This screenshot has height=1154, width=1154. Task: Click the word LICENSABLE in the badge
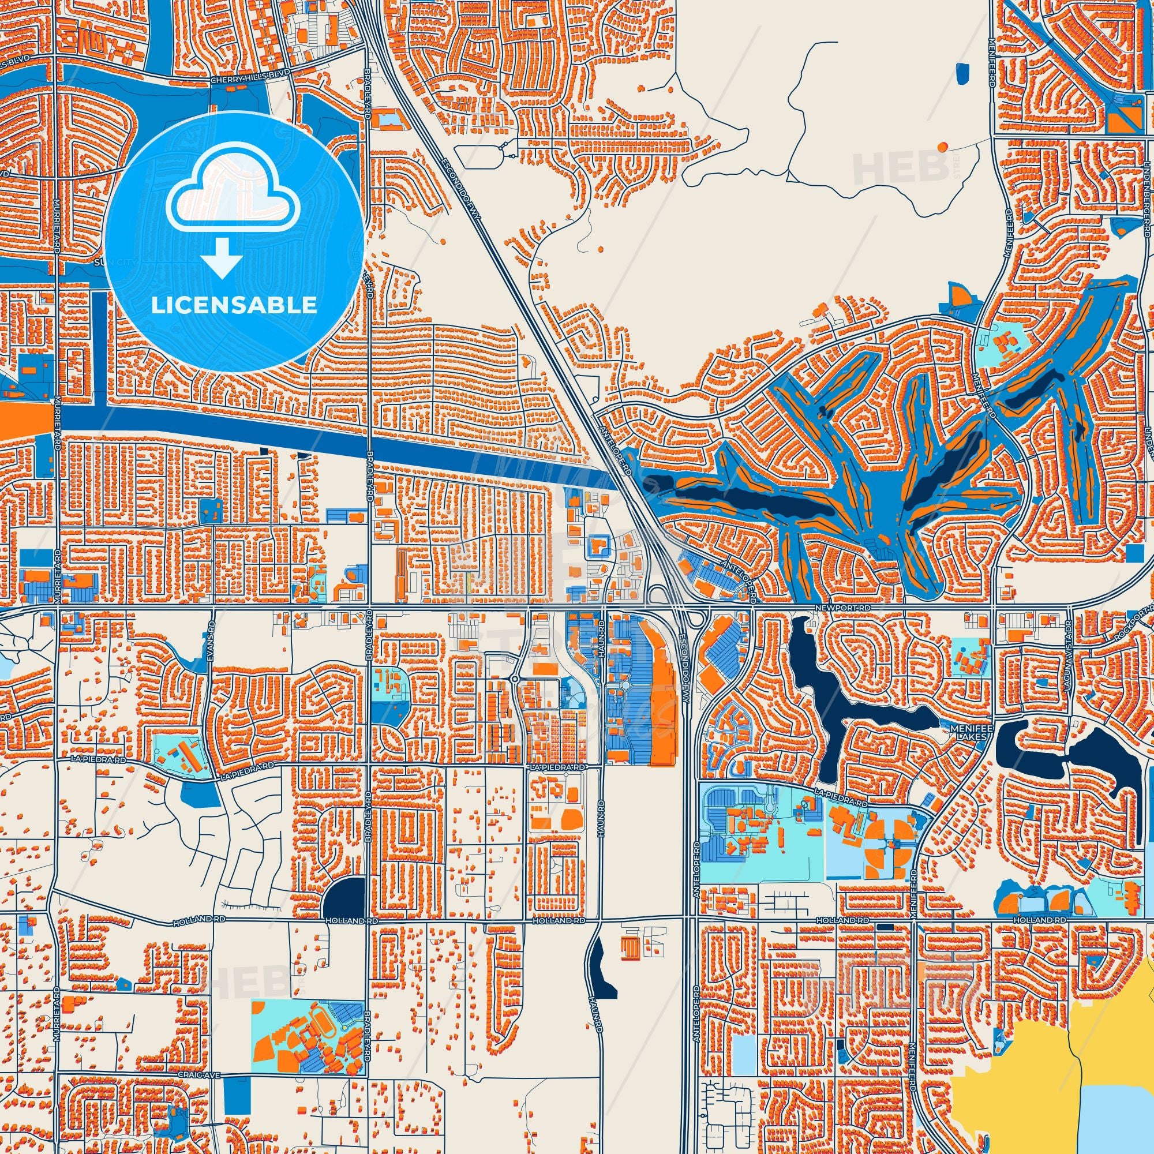234,305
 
